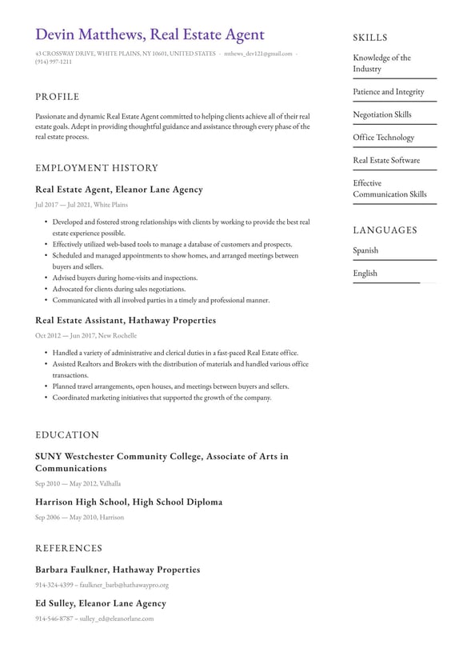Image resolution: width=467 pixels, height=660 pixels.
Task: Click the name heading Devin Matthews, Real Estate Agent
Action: pos(150,34)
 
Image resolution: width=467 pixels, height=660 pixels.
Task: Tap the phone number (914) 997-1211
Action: pos(54,62)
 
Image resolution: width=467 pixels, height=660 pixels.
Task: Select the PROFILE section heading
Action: pos(58,97)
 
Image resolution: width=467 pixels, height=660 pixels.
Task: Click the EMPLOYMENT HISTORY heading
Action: pos(97,168)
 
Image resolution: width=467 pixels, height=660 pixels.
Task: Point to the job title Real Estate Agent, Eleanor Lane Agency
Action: pos(119,190)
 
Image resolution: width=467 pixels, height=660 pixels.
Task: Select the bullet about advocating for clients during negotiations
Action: pos(118,289)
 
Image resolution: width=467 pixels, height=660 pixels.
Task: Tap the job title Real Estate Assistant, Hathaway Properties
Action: pos(126,320)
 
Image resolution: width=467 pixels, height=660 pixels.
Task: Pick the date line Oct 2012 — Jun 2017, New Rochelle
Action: pos(86,336)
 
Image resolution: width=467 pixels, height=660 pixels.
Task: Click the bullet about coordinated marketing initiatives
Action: pos(162,398)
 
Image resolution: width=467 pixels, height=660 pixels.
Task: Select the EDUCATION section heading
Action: pos(67,435)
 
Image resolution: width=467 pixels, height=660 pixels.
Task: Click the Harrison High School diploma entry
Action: pos(129,502)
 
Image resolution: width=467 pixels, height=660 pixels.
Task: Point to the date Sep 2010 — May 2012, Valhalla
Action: pos(78,483)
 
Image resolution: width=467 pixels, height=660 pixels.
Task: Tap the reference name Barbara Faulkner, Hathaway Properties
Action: pos(118,570)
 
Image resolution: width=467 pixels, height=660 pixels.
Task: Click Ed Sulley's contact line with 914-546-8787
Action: pos(94,618)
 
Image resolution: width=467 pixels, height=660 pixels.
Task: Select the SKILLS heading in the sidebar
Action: pos(369,38)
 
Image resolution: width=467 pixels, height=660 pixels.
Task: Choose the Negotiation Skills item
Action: pos(382,114)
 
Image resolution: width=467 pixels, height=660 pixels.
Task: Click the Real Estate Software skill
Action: pos(386,160)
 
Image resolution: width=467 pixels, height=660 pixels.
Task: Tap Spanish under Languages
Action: pos(365,250)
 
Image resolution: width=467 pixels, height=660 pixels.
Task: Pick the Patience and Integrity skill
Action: pos(389,92)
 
